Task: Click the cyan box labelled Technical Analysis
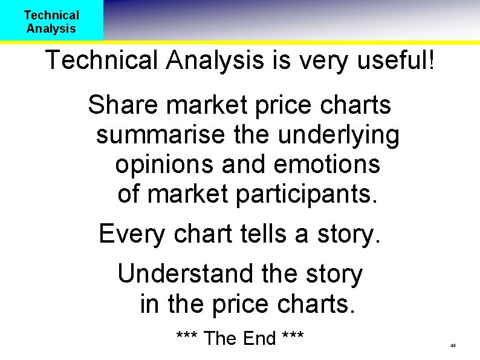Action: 51,21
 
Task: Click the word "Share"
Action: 123,105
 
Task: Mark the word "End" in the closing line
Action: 259,338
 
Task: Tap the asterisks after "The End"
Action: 293,336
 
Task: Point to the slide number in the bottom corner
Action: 452,345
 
